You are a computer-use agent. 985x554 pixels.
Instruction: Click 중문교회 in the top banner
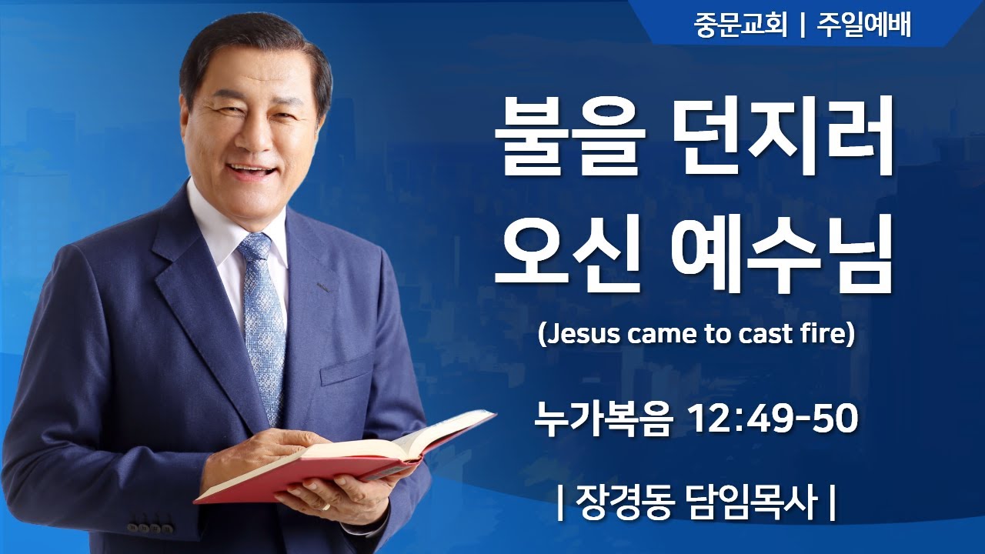click(x=740, y=26)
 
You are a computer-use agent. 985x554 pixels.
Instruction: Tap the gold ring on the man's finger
click(x=326, y=508)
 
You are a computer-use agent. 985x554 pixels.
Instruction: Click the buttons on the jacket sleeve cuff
click(x=150, y=528)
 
